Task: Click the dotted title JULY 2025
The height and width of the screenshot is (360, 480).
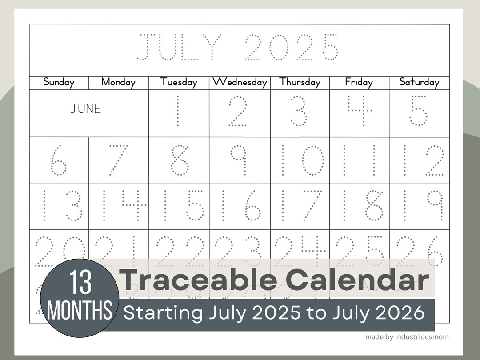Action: point(237,47)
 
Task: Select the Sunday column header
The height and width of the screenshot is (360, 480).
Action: point(59,82)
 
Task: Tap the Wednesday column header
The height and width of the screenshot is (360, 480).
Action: point(240,82)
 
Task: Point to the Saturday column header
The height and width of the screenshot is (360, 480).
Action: point(419,82)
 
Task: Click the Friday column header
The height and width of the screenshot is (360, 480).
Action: point(359,82)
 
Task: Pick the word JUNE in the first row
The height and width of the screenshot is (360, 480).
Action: point(86,109)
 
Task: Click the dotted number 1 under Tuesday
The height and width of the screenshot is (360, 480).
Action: point(178,111)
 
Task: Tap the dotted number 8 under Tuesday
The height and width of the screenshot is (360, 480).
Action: point(179,160)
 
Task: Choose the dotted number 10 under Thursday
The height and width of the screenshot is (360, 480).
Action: point(300,160)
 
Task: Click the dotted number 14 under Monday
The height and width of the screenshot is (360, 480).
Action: point(119,206)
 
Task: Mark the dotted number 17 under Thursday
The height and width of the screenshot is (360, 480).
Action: point(300,206)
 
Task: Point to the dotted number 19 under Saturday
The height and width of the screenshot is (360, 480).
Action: point(419,206)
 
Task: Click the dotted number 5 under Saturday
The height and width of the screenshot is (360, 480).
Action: point(418,111)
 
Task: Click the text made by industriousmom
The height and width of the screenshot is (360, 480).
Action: point(407,337)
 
